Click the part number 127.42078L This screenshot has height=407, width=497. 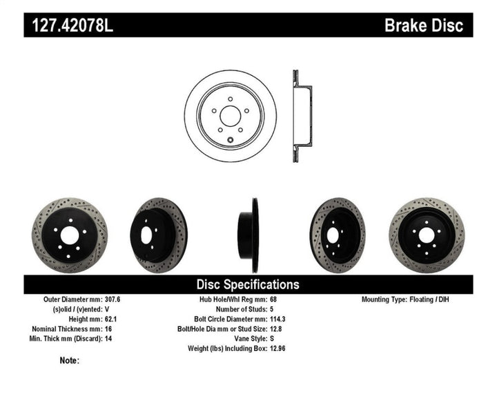coord(69,26)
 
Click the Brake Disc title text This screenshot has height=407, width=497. coord(424,26)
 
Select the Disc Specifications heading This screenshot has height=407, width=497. coord(248,284)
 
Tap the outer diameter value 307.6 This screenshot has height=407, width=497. coord(113,299)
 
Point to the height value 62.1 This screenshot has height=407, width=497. coord(110,319)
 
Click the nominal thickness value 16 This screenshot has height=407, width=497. coord(108,328)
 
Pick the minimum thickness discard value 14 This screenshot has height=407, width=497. coord(108,338)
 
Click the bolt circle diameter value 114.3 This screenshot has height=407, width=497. coord(277,319)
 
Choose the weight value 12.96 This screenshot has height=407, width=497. coord(277,348)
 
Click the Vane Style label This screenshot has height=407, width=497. coord(244,338)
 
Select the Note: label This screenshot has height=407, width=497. coord(70,360)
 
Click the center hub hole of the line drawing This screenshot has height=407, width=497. coord(230,115)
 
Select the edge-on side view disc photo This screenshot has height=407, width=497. coord(248,235)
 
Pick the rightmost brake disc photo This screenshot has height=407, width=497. coord(426,235)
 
